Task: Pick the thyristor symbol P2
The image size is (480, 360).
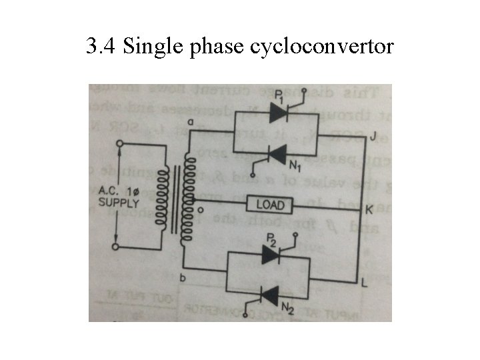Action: [x=270, y=254]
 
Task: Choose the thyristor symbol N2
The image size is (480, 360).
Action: [x=270, y=294]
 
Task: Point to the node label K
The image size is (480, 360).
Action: [x=369, y=209]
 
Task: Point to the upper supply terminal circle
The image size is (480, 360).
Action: [x=119, y=144]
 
